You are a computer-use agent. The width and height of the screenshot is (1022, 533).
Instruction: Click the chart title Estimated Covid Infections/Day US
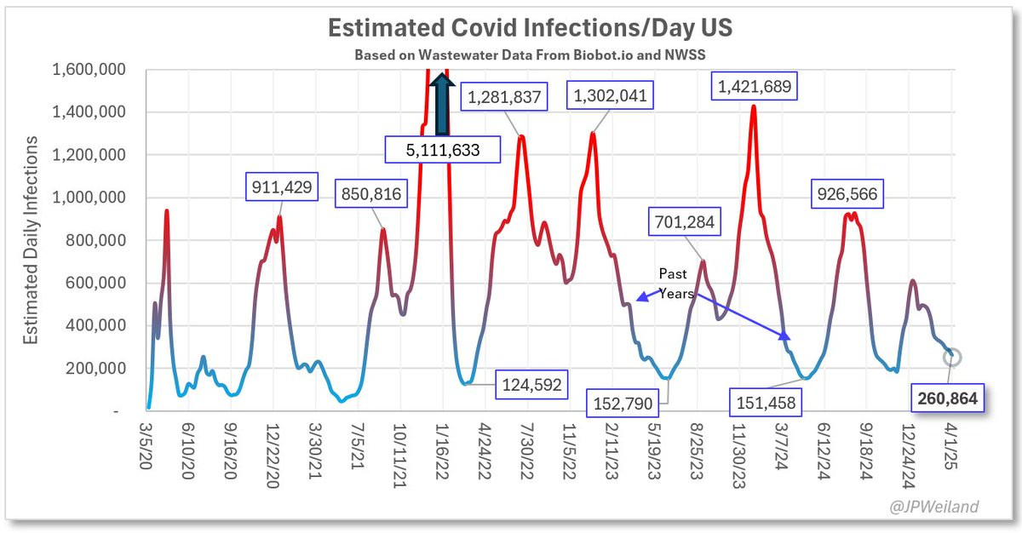531,28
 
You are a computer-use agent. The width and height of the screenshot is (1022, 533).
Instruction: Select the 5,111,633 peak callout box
442,151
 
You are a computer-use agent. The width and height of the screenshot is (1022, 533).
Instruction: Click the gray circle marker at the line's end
952,357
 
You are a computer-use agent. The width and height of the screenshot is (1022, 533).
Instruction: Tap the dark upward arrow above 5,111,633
441,103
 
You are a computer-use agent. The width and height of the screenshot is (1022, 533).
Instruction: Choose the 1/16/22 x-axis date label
444,456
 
